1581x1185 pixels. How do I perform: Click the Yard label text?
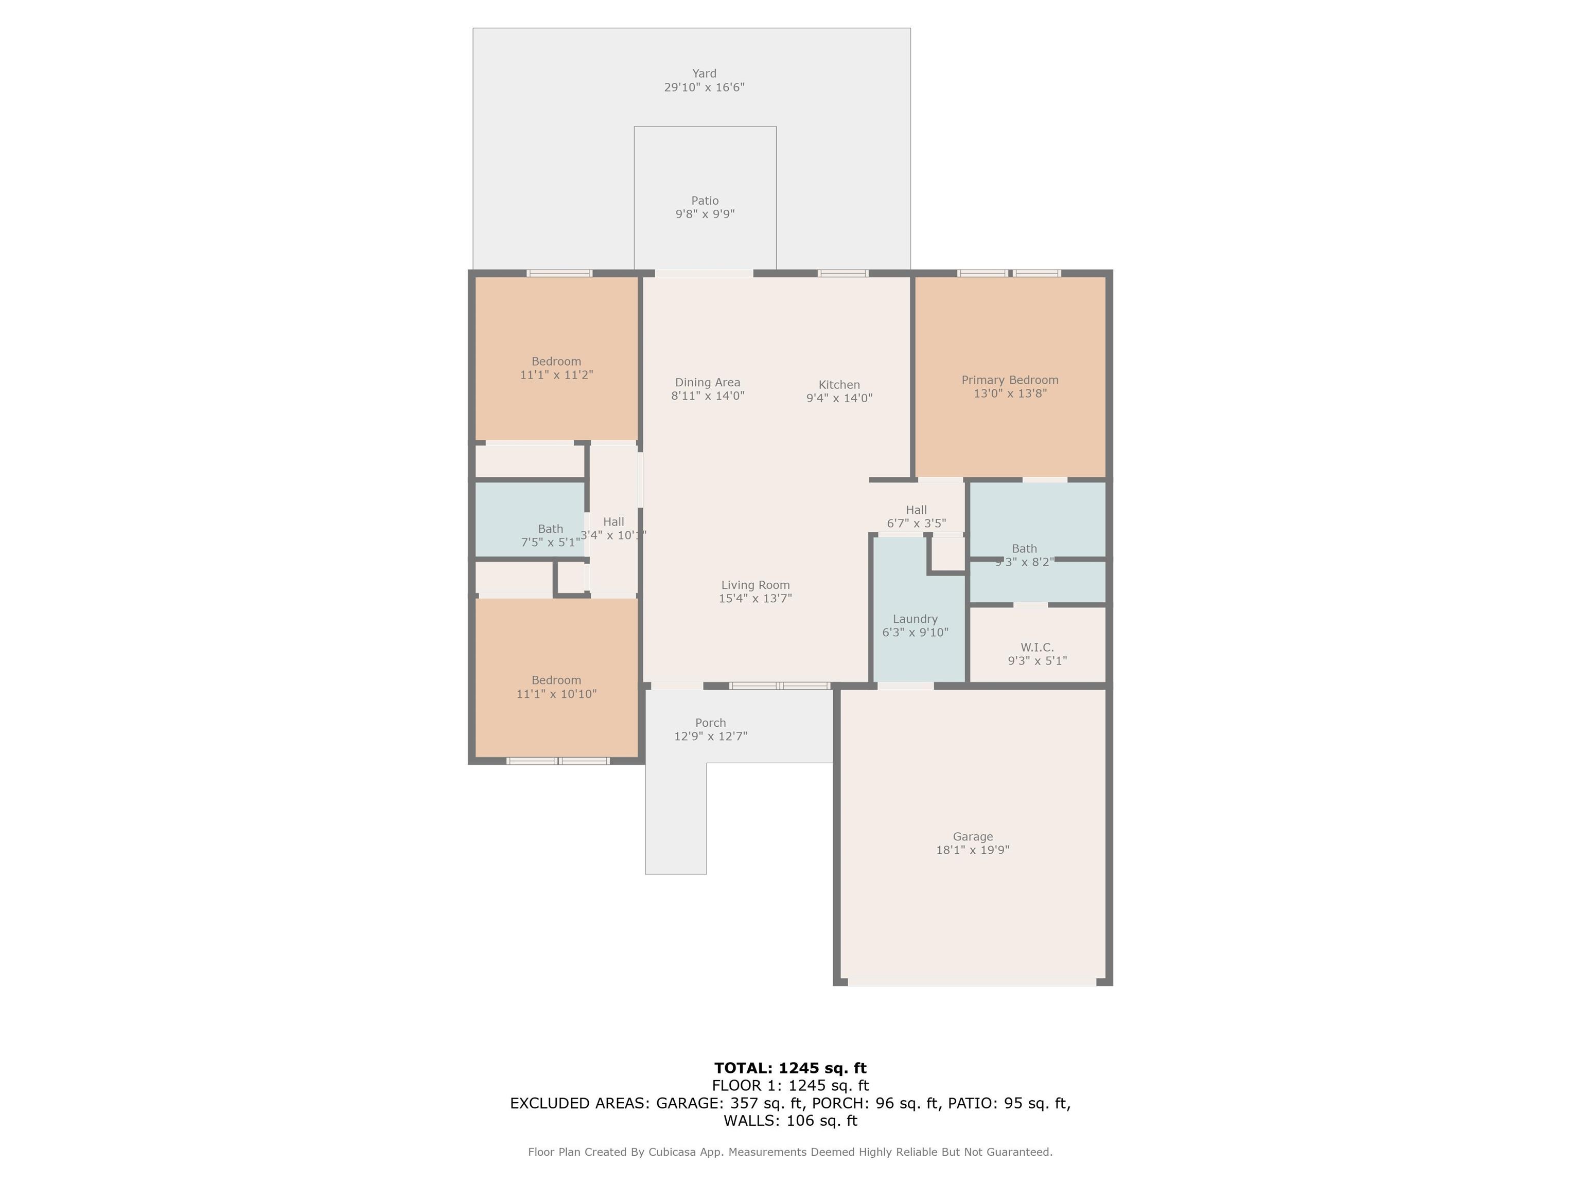pos(704,74)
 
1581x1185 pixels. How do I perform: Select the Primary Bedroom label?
pos(1009,380)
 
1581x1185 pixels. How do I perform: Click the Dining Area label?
pos(708,383)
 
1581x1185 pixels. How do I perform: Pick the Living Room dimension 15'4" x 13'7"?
pos(755,599)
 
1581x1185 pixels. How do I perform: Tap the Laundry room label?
pos(915,619)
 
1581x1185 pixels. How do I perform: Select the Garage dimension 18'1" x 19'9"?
pos(972,850)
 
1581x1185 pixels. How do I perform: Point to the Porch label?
pos(710,723)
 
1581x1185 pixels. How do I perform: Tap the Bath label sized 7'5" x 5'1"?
pos(550,529)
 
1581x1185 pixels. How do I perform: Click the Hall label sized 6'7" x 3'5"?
pos(916,510)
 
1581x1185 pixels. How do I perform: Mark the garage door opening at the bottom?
pos(972,983)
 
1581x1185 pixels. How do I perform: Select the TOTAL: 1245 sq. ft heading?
pos(790,1068)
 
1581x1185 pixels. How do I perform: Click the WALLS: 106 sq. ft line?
pos(790,1121)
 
